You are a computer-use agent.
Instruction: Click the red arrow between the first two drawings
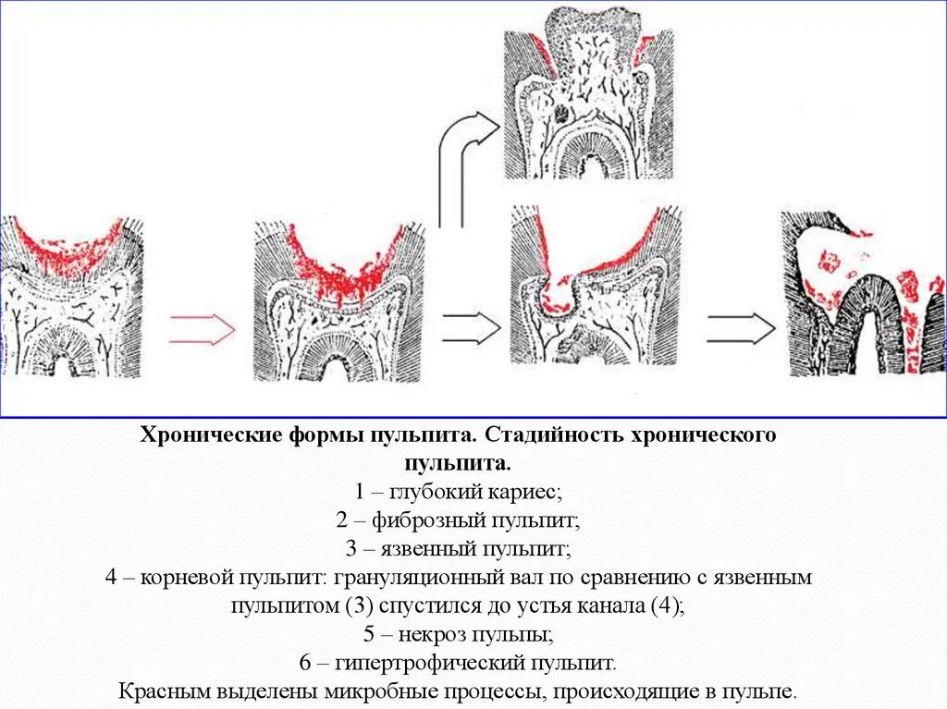[203, 328]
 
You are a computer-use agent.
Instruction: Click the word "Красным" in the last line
[163, 692]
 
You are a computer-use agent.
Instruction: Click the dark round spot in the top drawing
[564, 114]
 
